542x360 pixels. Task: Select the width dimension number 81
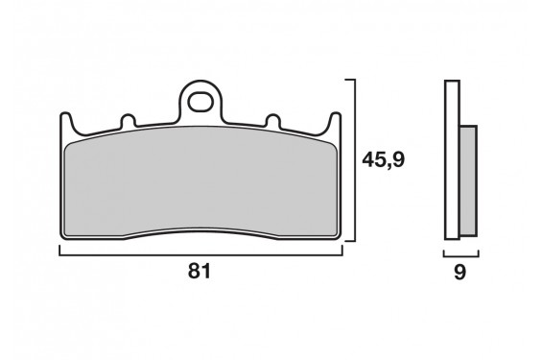[200, 272]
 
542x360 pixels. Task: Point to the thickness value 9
[459, 272]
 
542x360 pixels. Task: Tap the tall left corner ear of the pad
[65, 122]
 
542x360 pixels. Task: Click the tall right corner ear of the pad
[335, 122]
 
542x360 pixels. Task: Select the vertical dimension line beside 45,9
[357, 160]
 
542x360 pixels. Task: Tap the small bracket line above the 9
[460, 256]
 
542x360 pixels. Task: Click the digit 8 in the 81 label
[194, 272]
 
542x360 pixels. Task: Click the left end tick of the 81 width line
[59, 251]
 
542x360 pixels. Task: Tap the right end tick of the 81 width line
[342, 251]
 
